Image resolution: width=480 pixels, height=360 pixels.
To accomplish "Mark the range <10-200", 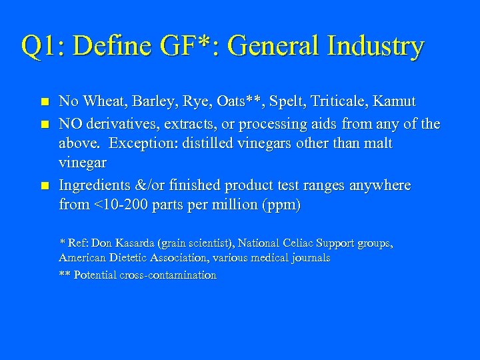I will coord(117,205).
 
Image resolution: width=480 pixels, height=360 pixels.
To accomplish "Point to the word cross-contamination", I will coord(169,275).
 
